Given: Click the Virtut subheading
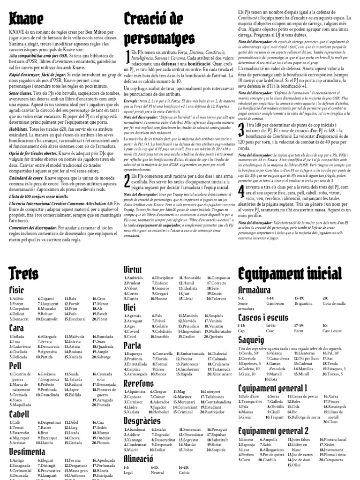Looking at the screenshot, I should tap(133, 269).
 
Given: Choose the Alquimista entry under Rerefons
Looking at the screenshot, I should tap(136, 391).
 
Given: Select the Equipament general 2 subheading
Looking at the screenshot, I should tap(273, 430).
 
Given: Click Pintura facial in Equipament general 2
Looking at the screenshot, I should tap(335, 440).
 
